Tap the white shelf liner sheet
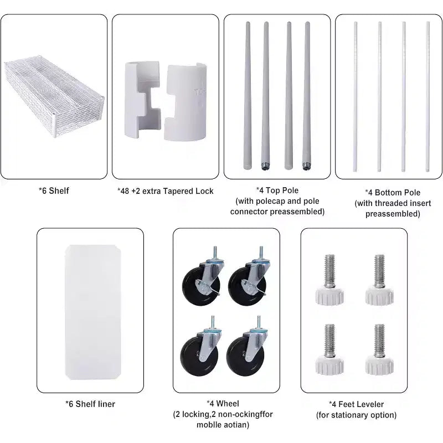coord(93,312)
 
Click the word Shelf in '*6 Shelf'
coord(59,191)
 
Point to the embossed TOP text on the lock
coord(200,92)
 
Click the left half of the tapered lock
coord(143,100)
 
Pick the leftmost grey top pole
coord(248,95)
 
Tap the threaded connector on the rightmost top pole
coord(306,166)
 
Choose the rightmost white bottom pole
coord(427,96)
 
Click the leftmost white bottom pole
coord(356,96)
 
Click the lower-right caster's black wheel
coord(245,356)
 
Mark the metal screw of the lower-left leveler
coord(329,340)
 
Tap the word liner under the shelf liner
coord(105,404)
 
